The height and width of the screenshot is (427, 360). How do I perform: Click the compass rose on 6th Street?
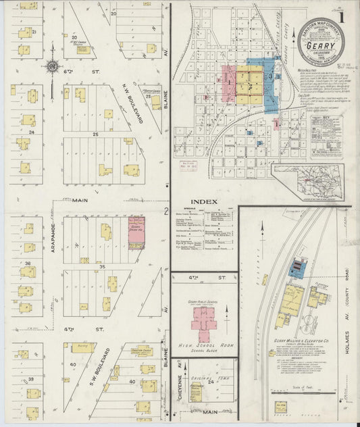click(52, 66)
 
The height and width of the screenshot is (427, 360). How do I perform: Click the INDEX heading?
click(203, 201)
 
